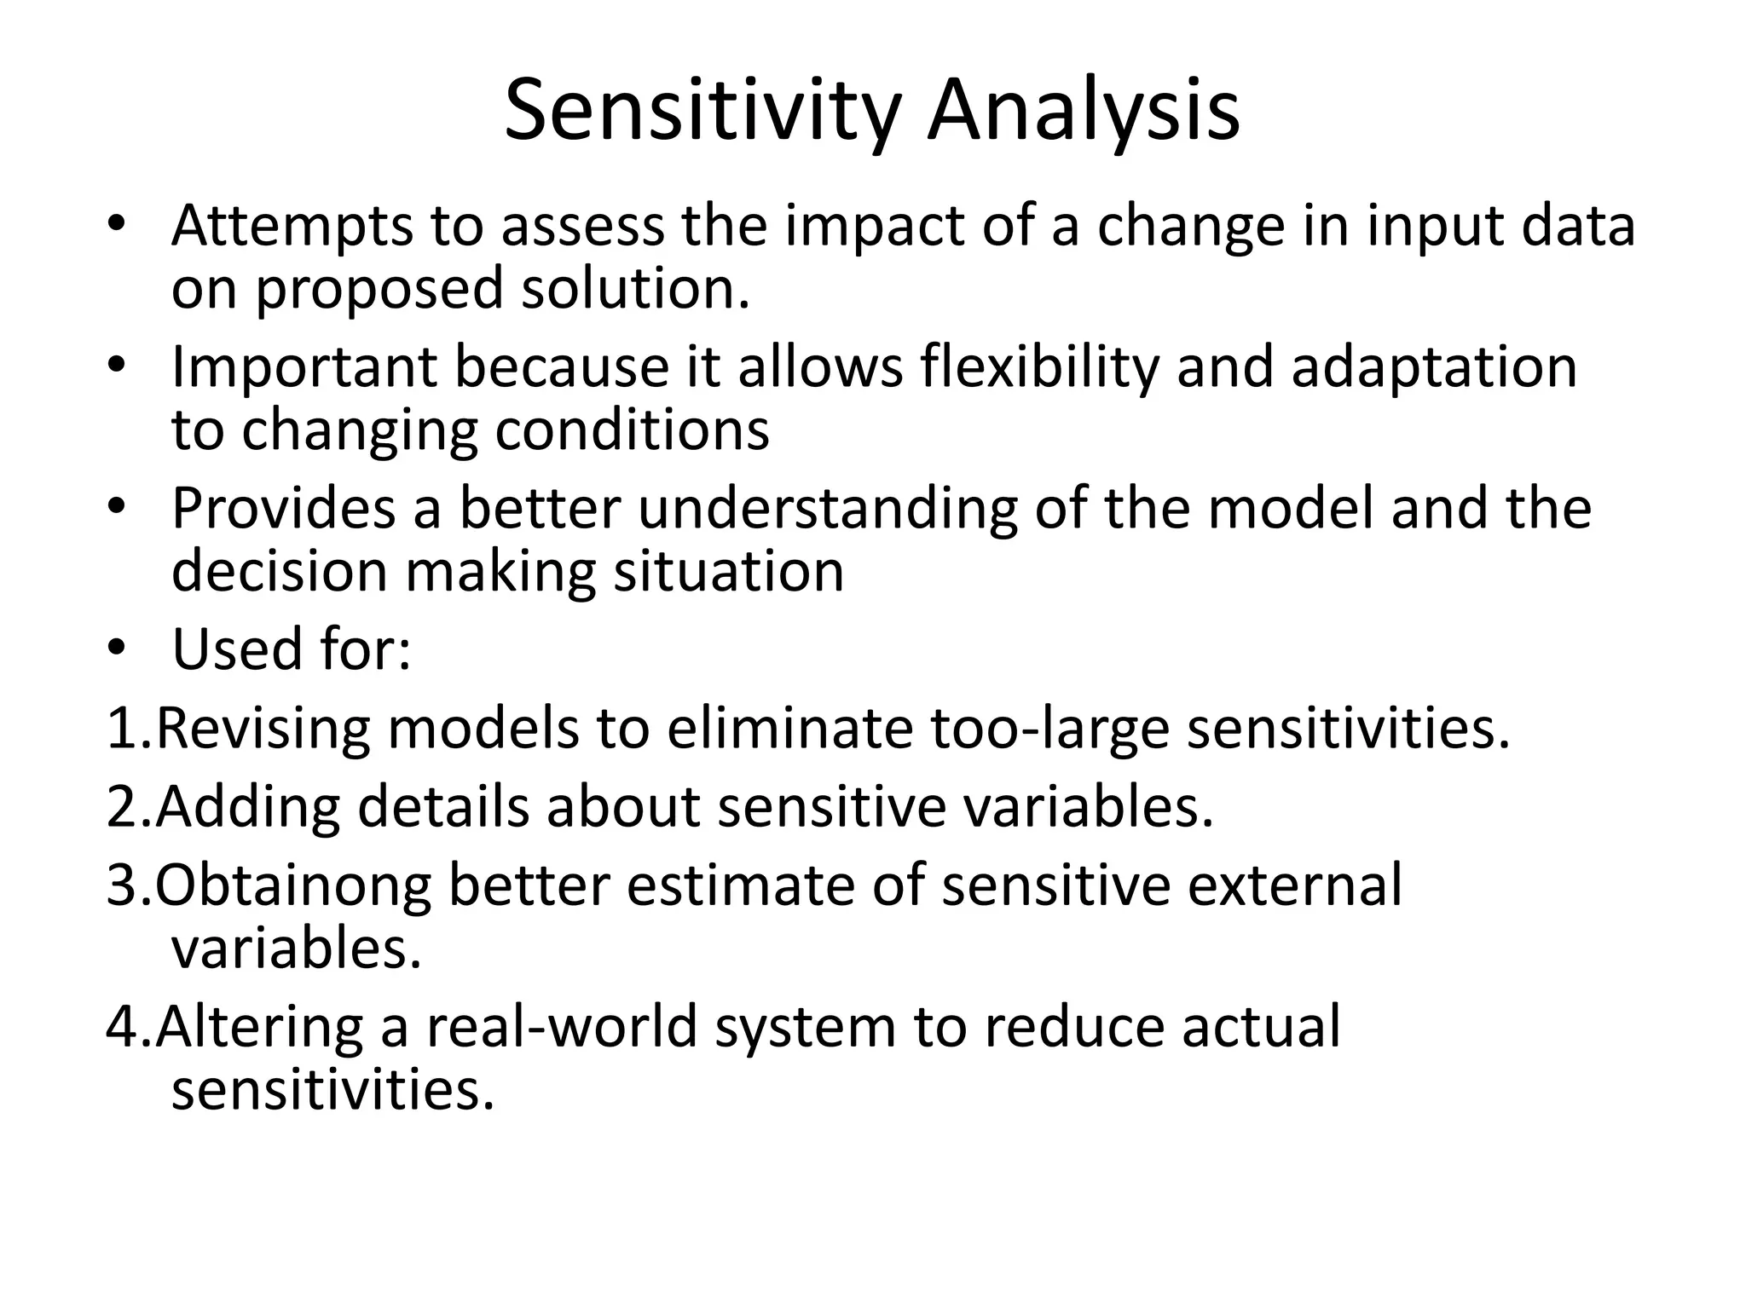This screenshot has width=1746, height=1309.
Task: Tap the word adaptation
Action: click(x=1434, y=368)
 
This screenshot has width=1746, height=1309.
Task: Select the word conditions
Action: click(x=632, y=430)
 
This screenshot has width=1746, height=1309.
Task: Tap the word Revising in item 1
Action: click(x=263, y=729)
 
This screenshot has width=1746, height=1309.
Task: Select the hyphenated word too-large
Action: click(x=1049, y=729)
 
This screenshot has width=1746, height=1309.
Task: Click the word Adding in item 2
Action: click(x=247, y=807)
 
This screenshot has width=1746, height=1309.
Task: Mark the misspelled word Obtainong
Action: click(x=293, y=885)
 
